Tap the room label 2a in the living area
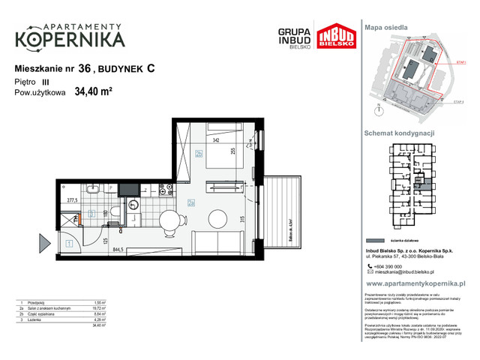pyautogui.click(x=191, y=202)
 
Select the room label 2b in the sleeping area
pyautogui.click(x=198, y=154)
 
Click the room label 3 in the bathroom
pyautogui.click(x=90, y=214)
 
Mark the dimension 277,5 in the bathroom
pyautogui.click(x=73, y=201)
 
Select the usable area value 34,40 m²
pyautogui.click(x=93, y=93)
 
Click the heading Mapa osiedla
pyautogui.click(x=386, y=26)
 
